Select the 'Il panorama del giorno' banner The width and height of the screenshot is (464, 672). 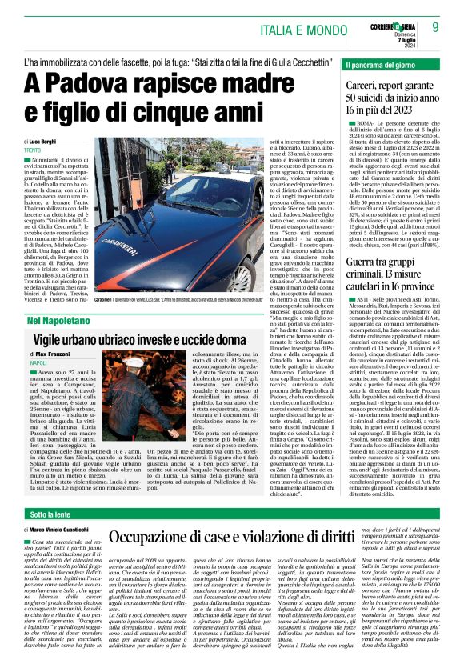[383, 64]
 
